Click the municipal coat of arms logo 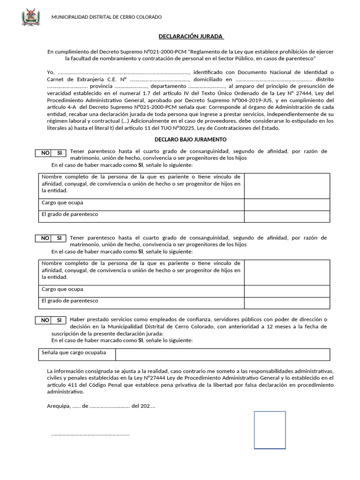31,17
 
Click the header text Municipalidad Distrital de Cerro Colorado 106,17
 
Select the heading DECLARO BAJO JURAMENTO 191,140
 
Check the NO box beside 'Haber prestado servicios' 45,320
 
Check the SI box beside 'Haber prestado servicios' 59,320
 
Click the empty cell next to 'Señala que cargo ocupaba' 223,354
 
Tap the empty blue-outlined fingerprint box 270,430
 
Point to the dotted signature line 90,435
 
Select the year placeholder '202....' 147,406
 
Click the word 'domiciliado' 209,79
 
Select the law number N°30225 167,128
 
